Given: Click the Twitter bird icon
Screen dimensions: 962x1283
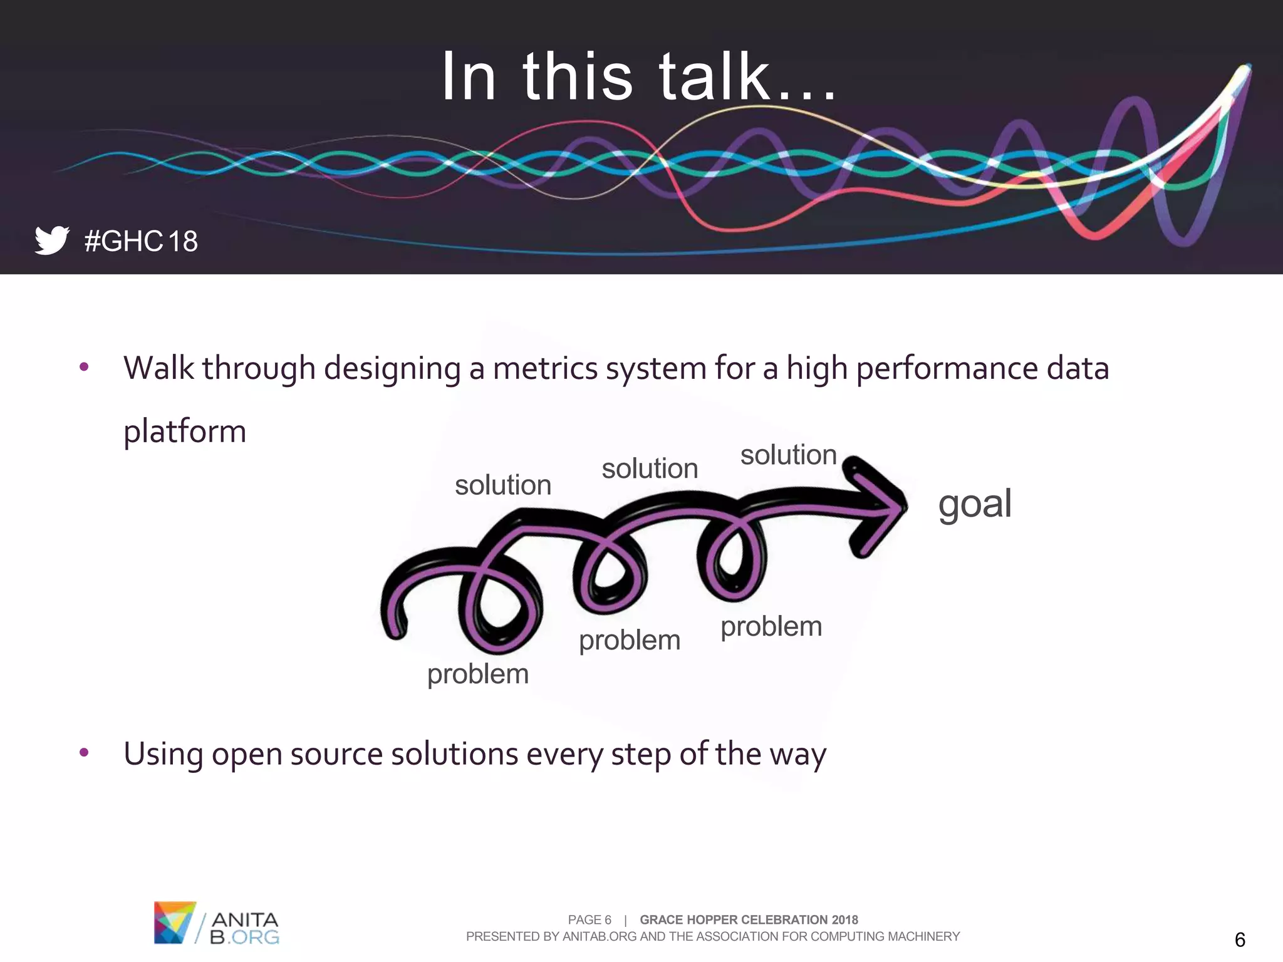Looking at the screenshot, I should coord(51,240).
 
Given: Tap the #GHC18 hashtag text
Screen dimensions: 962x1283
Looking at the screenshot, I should coord(141,241).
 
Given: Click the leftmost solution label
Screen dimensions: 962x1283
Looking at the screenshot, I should coord(503,485).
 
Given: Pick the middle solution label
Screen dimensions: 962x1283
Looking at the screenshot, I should coord(650,468).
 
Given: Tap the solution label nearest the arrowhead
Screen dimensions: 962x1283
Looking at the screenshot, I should coord(788,455).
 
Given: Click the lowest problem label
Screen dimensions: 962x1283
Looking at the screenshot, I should coord(478,674).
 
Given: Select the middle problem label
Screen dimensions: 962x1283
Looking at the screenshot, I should coord(630,640).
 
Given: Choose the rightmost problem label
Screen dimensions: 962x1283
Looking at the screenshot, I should coord(771,626).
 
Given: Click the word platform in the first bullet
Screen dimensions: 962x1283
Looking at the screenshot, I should coord(185,432).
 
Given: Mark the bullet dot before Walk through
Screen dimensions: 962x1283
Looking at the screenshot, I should coord(84,367).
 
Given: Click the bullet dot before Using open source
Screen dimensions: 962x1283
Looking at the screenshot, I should coord(84,752).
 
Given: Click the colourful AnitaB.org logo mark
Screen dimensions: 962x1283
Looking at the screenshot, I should coord(174,922).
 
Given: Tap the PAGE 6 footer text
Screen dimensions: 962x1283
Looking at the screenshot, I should coord(589,919).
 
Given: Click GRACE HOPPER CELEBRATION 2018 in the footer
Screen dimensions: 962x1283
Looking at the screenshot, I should coord(749,919).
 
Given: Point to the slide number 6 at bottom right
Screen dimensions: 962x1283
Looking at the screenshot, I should coord(1239,939).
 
